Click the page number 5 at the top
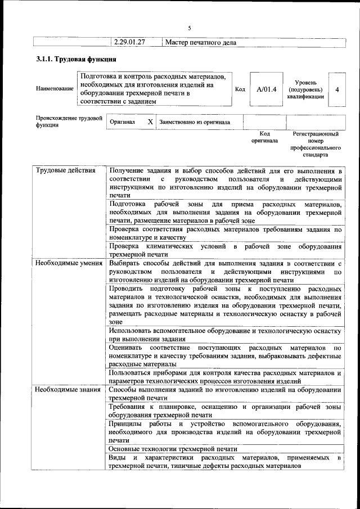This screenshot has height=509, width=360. pyautogui.click(x=190, y=28)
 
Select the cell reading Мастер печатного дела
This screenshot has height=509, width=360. pyautogui.click(x=201, y=42)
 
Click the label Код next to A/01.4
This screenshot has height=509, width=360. pyautogui.click(x=240, y=89)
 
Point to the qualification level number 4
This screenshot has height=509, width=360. pyautogui.click(x=336, y=89)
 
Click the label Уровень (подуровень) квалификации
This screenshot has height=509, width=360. pyautogui.click(x=305, y=89)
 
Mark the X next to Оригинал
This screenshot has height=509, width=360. pyautogui.click(x=150, y=121)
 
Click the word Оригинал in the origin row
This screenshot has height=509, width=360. pyautogui.click(x=122, y=121)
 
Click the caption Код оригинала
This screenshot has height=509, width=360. pyautogui.click(x=264, y=137)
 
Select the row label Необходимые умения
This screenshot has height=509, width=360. pyautogui.click(x=68, y=263)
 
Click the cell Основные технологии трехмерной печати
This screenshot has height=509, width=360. pyautogui.click(x=173, y=449)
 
